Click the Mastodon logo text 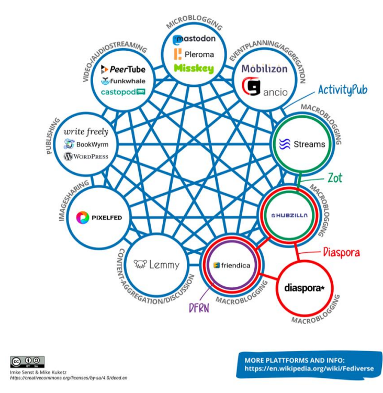click(194, 39)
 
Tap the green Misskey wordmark click(194, 69)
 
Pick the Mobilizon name click(264, 69)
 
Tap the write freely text click(85, 132)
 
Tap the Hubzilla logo click(289, 215)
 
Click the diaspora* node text click(305, 287)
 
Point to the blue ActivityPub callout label click(342, 90)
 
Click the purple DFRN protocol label click(199, 308)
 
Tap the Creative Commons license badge click(27, 362)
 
